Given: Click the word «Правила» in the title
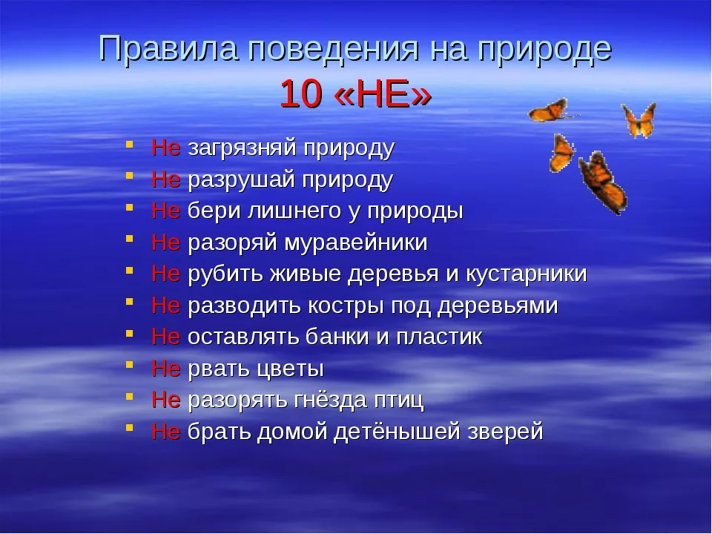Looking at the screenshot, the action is coord(168,48).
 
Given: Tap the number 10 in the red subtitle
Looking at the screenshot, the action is coord(300,94).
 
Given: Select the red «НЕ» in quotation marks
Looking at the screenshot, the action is coord(383,94).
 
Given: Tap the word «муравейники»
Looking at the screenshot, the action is coord(356,243).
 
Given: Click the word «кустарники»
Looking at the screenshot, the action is coord(527,274).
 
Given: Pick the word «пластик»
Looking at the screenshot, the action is coord(439,337).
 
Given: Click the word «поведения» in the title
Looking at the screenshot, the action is coord(333,49).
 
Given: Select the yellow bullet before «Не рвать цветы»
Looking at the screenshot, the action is coord(129,365).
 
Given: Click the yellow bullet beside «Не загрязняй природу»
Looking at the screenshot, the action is coord(129,145).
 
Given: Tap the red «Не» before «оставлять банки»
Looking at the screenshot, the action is coord(165,337).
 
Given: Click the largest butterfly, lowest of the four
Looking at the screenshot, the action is coord(602,183).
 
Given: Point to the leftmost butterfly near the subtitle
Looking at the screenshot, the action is coord(550,111).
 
